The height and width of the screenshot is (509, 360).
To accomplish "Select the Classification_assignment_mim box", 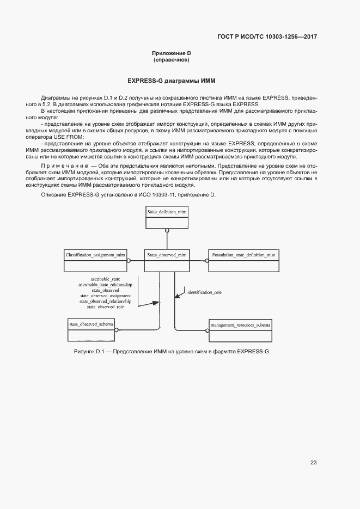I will (95, 260).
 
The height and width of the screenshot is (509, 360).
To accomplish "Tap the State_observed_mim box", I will (167, 260).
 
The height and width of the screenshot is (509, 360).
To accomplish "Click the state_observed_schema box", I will (91, 329).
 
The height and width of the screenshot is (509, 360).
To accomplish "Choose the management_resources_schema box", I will (240, 329).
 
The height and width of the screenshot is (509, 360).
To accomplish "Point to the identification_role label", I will (204, 292).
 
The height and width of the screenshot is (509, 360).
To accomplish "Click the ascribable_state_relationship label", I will (105, 285).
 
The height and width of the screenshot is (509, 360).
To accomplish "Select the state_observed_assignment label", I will (105, 296).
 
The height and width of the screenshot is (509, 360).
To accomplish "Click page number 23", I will (313, 463).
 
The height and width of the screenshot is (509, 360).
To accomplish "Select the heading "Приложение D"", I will (171, 53).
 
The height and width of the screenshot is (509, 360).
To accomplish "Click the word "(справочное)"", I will (171, 59).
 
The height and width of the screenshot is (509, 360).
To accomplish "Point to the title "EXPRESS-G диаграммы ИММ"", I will (172, 81).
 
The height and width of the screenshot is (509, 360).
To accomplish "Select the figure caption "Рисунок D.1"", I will (89, 351).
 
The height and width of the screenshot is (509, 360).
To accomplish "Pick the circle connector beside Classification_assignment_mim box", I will (129, 260).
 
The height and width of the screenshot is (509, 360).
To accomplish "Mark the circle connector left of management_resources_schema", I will (207, 329).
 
